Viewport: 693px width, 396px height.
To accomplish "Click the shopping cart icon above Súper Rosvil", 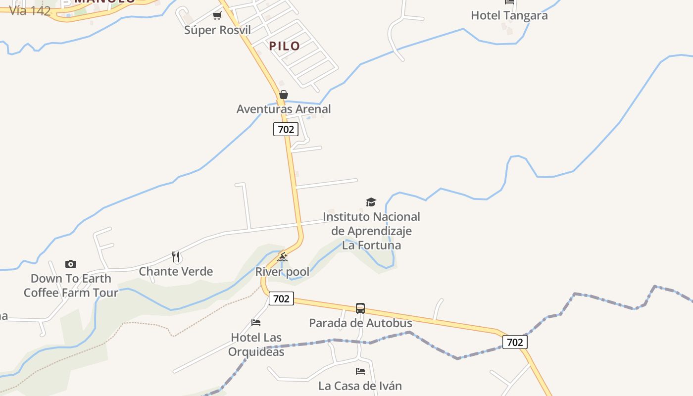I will (217, 16).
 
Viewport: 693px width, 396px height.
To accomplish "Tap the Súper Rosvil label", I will (217, 30).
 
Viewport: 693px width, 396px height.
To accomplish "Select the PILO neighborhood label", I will (285, 46).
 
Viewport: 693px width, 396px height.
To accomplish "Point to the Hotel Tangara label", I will (509, 15).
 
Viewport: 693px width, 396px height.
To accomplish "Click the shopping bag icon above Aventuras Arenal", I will (284, 95).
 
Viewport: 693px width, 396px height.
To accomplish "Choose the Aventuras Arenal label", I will (284, 109).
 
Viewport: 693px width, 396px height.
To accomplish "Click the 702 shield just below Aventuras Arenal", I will (286, 129).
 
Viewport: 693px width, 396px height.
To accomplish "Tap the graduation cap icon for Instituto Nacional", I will (371, 202).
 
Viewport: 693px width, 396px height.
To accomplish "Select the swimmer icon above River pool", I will (282, 257).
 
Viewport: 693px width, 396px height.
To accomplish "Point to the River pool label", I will (282, 271).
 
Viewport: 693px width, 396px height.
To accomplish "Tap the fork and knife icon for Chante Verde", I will (176, 256).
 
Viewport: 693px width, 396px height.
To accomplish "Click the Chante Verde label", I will (176, 271).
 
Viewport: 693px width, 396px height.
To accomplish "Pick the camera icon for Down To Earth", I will (71, 264).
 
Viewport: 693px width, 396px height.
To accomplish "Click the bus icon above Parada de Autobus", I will (360, 308).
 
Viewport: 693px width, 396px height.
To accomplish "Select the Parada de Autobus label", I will (360, 323).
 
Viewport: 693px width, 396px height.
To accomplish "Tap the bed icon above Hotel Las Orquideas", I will (256, 323).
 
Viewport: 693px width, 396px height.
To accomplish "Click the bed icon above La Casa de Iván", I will (360, 371).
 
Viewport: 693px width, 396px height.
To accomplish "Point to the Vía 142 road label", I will (30, 11).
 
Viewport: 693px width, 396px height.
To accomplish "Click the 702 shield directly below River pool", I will (281, 298).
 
